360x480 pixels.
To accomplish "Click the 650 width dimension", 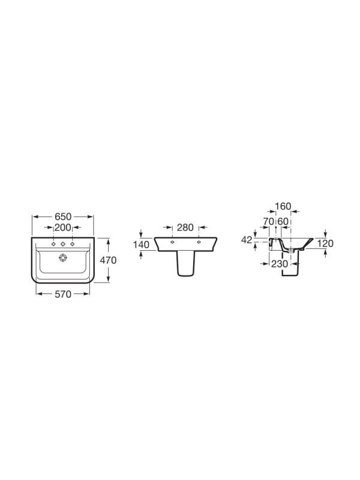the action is (63, 217).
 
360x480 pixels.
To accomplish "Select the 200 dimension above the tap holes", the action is (63, 227).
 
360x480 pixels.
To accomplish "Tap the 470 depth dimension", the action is (109, 260).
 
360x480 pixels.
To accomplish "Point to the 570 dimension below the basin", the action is (63, 294).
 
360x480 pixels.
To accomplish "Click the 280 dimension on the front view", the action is (185, 227).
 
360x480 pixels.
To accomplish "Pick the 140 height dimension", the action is (142, 245).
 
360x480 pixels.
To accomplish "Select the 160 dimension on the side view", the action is (283, 206).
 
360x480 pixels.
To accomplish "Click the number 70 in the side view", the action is (268, 221).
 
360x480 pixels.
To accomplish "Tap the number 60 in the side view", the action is (283, 221).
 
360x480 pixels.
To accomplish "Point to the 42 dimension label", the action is (247, 240).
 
